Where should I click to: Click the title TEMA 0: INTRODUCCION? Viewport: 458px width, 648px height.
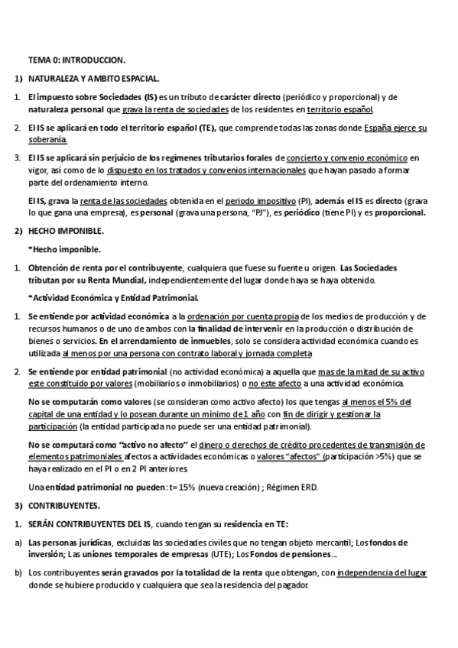coord(76,59)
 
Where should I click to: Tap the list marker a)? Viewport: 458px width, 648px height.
coord(18,542)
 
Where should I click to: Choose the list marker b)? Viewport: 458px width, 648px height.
coord(18,572)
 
